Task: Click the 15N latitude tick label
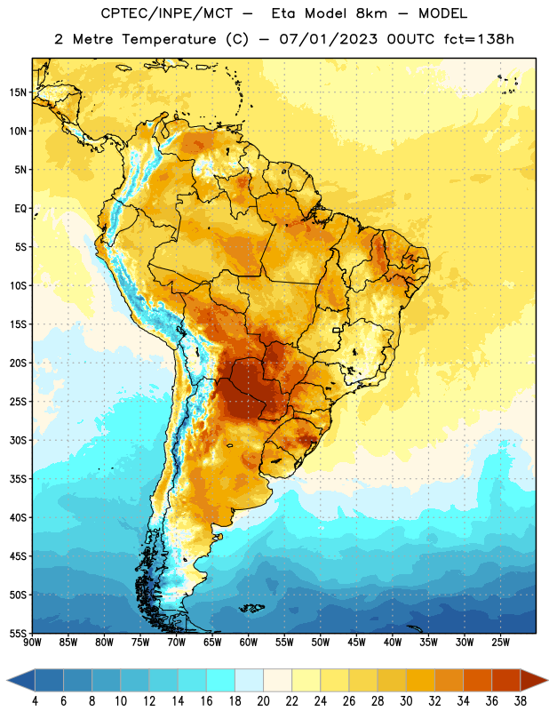pos(18,92)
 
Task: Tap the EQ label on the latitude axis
pos(20,209)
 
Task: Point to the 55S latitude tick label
pos(18,634)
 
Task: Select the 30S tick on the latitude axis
pos(18,440)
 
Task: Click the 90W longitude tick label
pos(32,643)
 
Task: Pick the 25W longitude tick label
pos(500,643)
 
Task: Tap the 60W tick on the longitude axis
pos(249,643)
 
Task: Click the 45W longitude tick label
pos(356,643)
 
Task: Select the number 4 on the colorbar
pos(35,701)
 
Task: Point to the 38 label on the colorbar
pos(521,701)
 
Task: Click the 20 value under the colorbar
pos(263,701)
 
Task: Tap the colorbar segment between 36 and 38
pos(506,681)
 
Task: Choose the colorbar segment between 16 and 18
pos(221,681)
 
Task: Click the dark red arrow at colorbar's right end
pos(533,681)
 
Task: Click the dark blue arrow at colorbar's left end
pos(20,681)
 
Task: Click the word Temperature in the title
pos(169,39)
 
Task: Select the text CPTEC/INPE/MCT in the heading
pos(166,13)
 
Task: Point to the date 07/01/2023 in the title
pos(328,39)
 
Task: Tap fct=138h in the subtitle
pos(479,39)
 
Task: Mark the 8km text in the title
pos(371,13)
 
